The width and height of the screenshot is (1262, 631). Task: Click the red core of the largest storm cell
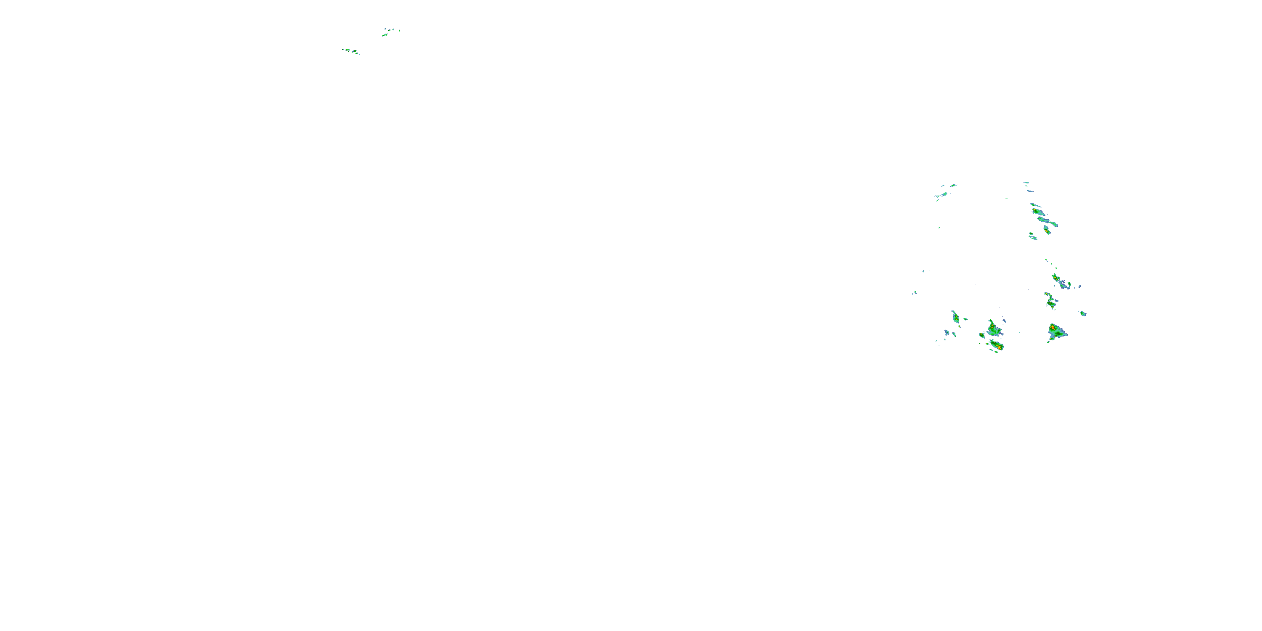click(x=1053, y=327)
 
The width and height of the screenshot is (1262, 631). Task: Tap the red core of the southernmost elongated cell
click(x=999, y=347)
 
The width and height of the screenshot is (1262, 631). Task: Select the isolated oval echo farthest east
click(x=1083, y=313)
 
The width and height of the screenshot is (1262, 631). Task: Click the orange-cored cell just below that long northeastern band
click(x=1047, y=230)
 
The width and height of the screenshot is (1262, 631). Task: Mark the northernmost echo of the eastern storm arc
click(x=1026, y=183)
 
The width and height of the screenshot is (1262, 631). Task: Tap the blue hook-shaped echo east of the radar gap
click(x=1064, y=285)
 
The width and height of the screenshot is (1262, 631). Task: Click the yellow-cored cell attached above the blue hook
click(x=1056, y=277)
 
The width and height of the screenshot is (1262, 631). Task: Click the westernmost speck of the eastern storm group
click(x=914, y=292)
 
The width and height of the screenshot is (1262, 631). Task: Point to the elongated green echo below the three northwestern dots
click(x=385, y=35)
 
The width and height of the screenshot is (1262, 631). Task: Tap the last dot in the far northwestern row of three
click(x=399, y=30)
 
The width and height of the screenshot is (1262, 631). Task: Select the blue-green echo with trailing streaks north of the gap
click(x=943, y=194)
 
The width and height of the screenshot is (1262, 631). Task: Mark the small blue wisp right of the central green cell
click(x=1004, y=321)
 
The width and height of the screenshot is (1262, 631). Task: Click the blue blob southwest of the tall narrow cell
click(x=947, y=333)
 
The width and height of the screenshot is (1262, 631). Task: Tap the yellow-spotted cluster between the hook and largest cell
click(x=1050, y=300)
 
